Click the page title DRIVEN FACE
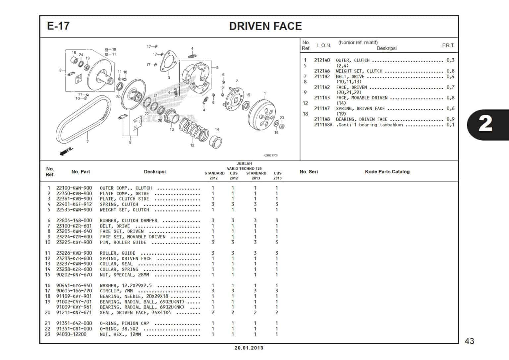tap(265, 26)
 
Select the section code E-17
tap(58, 26)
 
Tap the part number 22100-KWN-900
tap(74, 188)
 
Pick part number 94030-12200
tap(71, 334)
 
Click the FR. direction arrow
tap(66, 151)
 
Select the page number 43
tap(469, 341)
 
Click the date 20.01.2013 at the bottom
tap(249, 348)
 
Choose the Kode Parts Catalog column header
tap(387, 172)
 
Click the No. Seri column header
tap(309, 172)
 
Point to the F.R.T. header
tap(448, 45)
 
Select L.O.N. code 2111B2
tap(322, 77)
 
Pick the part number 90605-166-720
tap(74, 291)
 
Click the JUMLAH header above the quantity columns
tap(244, 164)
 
